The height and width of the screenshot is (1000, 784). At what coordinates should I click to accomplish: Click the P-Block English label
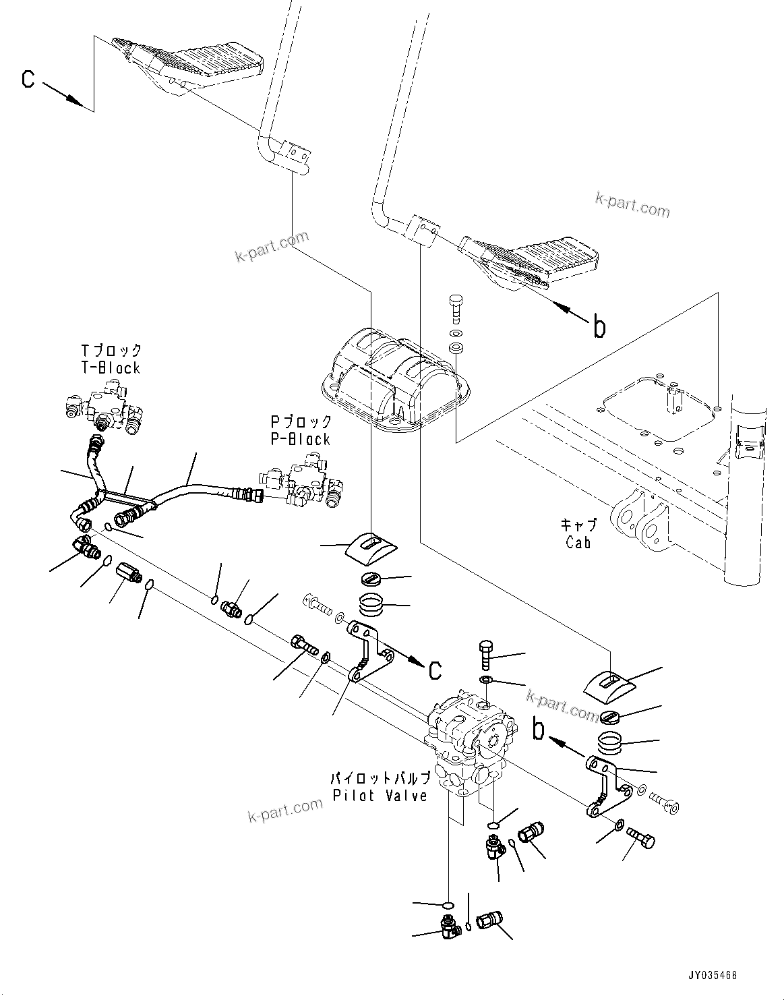point(301,439)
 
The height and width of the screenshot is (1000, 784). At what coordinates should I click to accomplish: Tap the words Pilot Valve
point(380,796)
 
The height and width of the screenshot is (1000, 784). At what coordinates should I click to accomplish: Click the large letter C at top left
point(28,80)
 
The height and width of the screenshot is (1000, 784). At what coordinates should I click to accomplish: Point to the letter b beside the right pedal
point(599,327)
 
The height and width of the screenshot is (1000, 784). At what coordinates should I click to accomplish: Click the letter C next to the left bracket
point(435,669)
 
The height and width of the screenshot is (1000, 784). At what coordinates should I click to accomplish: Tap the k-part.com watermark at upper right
point(632,203)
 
